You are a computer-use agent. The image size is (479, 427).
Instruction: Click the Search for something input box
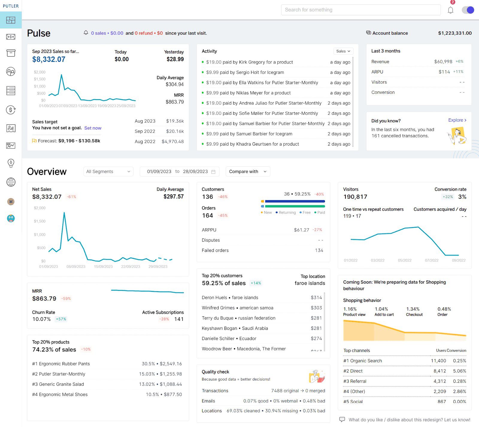click(x=360, y=10)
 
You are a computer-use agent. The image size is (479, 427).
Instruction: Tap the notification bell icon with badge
click(x=450, y=10)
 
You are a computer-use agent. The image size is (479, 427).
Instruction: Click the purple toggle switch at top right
click(x=468, y=10)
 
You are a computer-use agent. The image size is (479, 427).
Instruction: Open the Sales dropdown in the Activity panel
click(x=343, y=51)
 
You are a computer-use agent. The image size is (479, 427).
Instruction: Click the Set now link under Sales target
click(x=93, y=128)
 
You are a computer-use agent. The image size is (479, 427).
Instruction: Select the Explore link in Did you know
click(x=457, y=120)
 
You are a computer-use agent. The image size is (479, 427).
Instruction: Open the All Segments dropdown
click(x=108, y=171)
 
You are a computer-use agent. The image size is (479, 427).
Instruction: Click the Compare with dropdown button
click(x=248, y=171)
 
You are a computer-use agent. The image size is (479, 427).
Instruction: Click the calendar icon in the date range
click(x=213, y=172)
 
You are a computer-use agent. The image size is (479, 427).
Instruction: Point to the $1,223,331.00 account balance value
click(x=454, y=33)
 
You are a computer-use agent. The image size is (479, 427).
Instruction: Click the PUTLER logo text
click(x=11, y=6)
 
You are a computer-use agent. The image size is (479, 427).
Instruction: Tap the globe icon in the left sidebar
click(x=11, y=182)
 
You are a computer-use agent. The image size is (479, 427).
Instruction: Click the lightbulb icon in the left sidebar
click(x=11, y=163)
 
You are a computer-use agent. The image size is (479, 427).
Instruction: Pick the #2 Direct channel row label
click(x=353, y=371)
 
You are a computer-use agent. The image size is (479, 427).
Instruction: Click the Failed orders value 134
click(x=319, y=251)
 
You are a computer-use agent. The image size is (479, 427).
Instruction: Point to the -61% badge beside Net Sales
click(x=71, y=197)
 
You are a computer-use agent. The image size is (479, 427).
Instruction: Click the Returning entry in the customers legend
click(x=287, y=212)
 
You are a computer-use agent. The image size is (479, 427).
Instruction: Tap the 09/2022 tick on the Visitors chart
click(x=458, y=260)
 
